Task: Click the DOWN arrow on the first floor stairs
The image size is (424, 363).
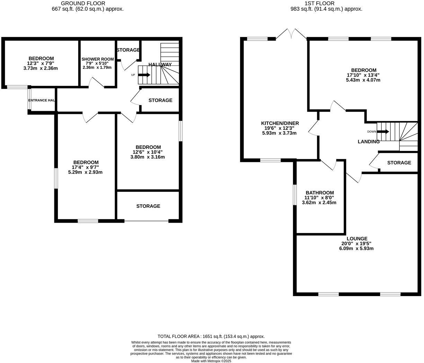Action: click(383, 132)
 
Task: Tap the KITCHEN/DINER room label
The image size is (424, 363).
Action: click(280, 123)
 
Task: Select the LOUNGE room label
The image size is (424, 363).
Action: click(357, 239)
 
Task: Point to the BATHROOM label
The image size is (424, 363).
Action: click(319, 193)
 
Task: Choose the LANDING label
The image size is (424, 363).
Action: click(369, 142)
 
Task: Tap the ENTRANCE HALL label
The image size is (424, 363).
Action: click(42, 100)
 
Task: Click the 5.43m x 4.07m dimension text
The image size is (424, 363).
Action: click(363, 80)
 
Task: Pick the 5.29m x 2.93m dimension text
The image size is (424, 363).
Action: click(85, 172)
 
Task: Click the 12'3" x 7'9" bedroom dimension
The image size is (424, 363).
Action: click(41, 63)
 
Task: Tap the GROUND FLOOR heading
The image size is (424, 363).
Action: click(78, 3)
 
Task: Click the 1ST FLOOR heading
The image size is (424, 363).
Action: click(319, 3)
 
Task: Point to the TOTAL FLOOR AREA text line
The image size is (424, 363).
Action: click(211, 336)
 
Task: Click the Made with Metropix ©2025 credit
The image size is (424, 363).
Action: click(211, 361)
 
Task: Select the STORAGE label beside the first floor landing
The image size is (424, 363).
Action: click(399, 163)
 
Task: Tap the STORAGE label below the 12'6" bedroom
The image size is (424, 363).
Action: click(148, 206)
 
